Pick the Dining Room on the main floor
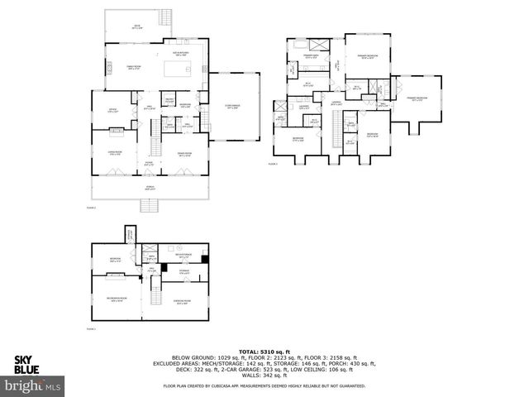coord(183,154)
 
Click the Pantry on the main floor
coord(169,101)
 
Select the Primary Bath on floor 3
coord(310,56)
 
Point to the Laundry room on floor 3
coord(304,108)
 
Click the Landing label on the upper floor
coord(335,103)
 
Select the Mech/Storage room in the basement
coord(185,256)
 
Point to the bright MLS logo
coord(33,385)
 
